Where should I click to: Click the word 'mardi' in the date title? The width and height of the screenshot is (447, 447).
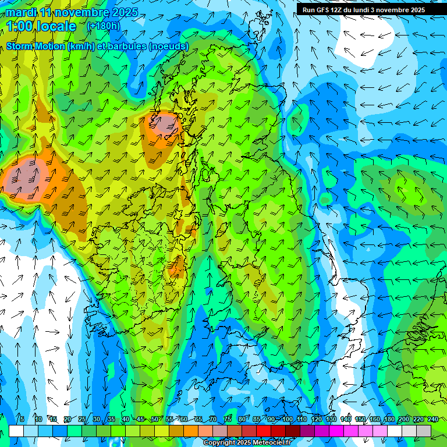22,13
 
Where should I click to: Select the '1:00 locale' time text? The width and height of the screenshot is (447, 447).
41,26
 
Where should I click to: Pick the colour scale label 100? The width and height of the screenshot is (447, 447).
288,420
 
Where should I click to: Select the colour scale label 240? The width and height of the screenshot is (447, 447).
433,420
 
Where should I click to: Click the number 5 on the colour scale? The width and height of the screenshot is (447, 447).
22,420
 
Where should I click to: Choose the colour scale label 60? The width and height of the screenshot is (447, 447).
183,420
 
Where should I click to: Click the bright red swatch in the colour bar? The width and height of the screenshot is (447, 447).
264,431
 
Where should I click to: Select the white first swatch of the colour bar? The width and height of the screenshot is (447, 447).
16,431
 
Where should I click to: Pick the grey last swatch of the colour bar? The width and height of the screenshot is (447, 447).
424,431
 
